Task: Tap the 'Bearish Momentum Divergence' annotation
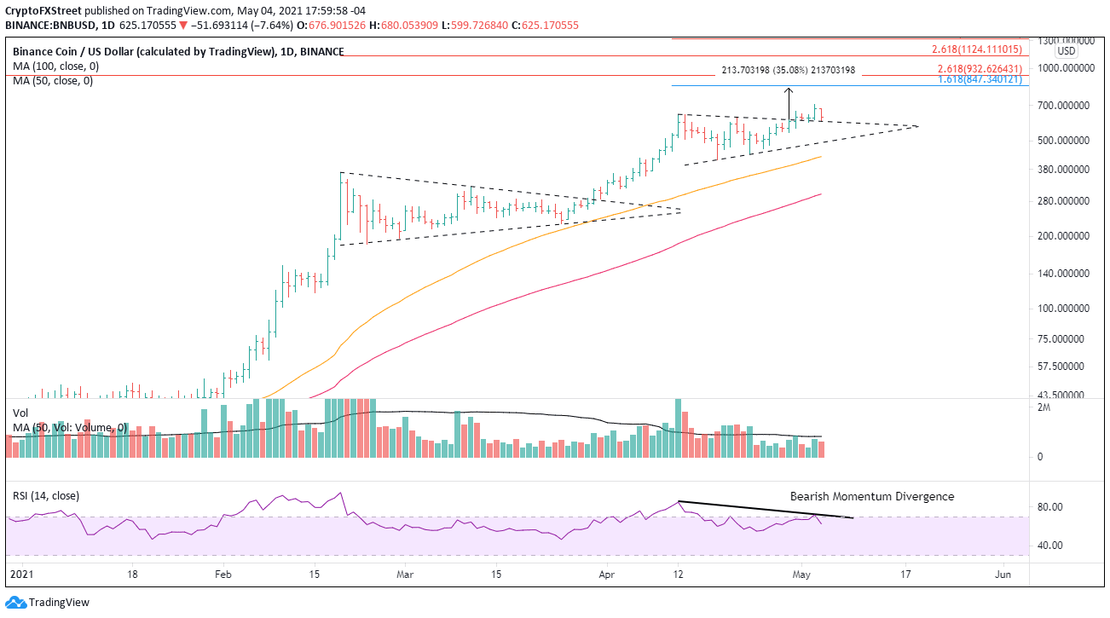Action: click(871, 496)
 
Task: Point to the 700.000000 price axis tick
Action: click(1062, 105)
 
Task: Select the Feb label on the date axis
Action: click(223, 575)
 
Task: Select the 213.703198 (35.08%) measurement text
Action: click(788, 71)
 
